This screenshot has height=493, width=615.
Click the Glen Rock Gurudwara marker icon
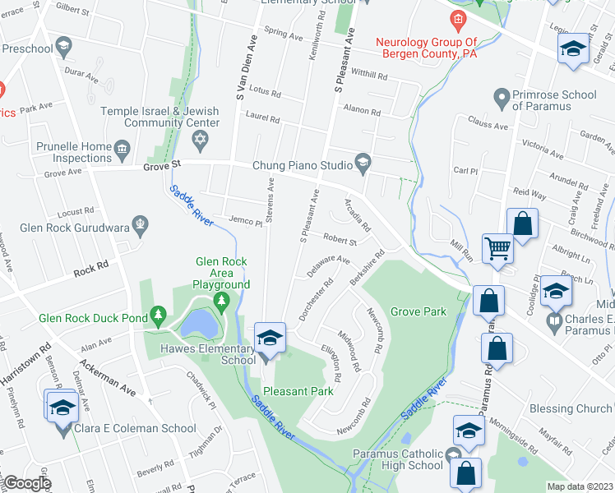[141, 222]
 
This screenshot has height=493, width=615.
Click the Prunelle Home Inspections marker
[123, 148]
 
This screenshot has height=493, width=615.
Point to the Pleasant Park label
[298, 391]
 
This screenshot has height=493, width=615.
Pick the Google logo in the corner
[27, 483]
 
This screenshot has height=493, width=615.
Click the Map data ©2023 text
[580, 486]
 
